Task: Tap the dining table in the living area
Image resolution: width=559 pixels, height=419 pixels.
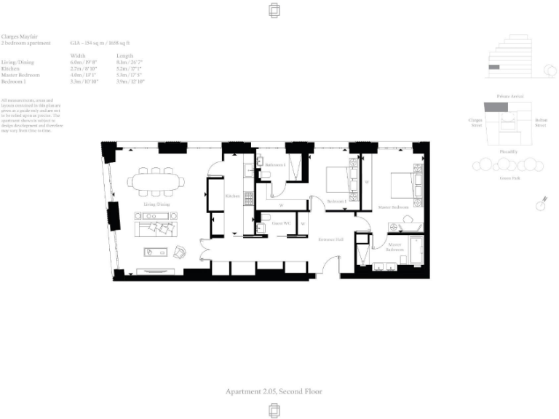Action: [x=154, y=181]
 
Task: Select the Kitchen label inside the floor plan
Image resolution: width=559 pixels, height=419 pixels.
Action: [x=232, y=196]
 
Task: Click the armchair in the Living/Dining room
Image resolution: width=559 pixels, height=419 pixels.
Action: [x=180, y=252]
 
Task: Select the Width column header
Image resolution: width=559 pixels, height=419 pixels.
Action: [x=77, y=55]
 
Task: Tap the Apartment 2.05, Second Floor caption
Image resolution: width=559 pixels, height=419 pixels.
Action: [x=274, y=391]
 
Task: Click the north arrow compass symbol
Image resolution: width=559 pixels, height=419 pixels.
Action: [x=540, y=204]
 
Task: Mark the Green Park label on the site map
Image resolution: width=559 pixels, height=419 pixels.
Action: [x=509, y=177]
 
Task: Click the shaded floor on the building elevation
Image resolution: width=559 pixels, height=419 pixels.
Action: [x=494, y=68]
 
